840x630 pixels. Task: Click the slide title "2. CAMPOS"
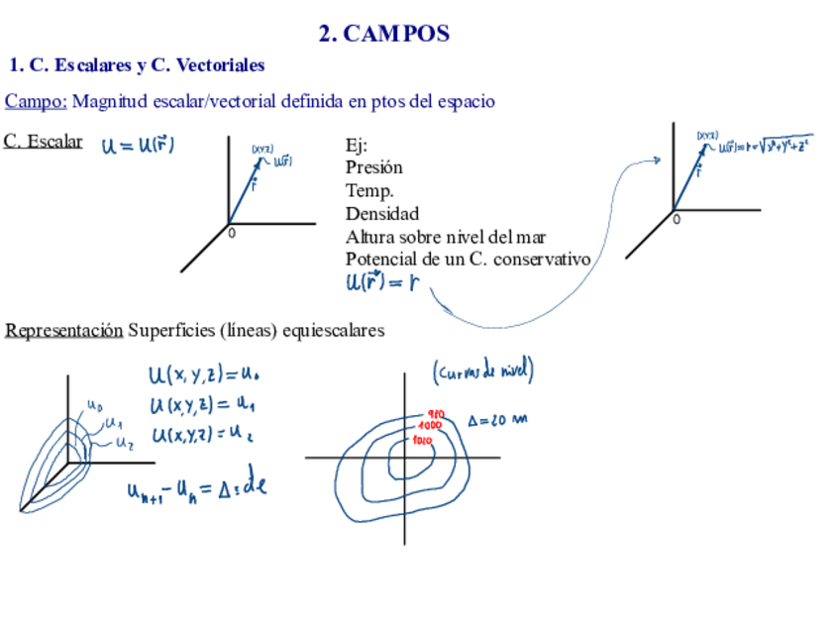click(x=384, y=34)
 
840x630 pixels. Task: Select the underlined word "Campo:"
click(x=37, y=101)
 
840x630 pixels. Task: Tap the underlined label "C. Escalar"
click(x=43, y=141)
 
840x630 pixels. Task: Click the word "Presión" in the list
click(x=373, y=167)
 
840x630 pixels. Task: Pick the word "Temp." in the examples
click(x=369, y=190)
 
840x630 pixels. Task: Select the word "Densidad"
click(x=381, y=213)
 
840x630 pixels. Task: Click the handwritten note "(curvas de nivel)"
click(x=483, y=371)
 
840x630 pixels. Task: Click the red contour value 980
click(x=436, y=414)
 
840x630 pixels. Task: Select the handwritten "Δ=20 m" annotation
click(x=497, y=420)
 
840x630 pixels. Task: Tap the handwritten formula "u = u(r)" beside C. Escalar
click(x=138, y=146)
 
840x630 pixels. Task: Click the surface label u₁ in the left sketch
click(x=114, y=424)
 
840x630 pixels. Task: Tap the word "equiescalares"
click(x=333, y=330)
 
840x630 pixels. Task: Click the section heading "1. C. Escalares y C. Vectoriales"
click(x=137, y=65)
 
